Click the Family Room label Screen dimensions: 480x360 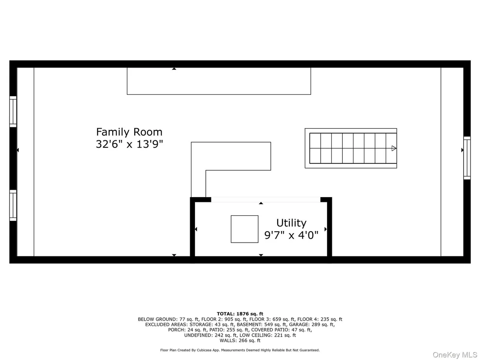point(129,132)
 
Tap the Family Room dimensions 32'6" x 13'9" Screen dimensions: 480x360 point(129,144)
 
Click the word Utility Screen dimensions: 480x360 point(291,223)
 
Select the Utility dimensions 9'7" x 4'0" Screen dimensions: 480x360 point(291,235)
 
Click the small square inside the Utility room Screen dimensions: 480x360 point(245,229)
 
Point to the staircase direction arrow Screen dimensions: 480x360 point(394,149)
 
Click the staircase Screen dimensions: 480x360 point(351,149)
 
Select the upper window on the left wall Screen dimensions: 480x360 point(13,111)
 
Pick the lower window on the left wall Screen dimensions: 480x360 point(13,205)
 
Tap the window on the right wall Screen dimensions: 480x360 point(467,158)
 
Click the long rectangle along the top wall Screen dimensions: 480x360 point(219,94)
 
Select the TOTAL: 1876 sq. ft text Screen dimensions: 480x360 point(240,314)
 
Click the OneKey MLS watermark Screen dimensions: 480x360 point(455,355)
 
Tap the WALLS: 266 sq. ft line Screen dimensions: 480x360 point(240,341)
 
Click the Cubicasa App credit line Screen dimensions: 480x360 point(240,350)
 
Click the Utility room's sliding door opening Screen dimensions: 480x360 point(266,200)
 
